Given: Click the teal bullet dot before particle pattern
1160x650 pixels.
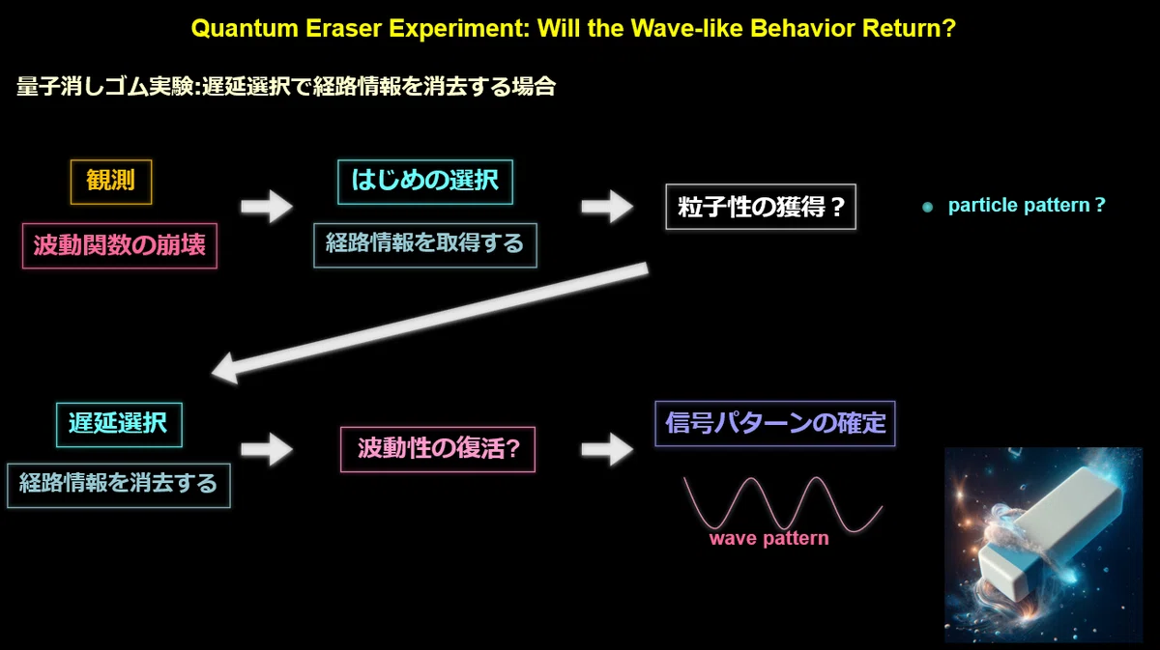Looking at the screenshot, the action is coord(927,208).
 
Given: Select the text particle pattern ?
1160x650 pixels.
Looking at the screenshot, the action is coord(1027,206).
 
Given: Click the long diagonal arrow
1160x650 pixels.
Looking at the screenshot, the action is coord(430,324).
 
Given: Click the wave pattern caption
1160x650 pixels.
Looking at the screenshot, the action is coord(769,539).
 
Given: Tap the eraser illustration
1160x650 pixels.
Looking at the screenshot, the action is coord(1043,545).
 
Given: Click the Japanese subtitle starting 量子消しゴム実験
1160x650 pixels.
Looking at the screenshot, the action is coord(286,86).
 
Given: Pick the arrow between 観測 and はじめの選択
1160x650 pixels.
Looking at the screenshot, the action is coord(267,207).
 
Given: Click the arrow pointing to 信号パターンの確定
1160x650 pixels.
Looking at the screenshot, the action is coord(607,450).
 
